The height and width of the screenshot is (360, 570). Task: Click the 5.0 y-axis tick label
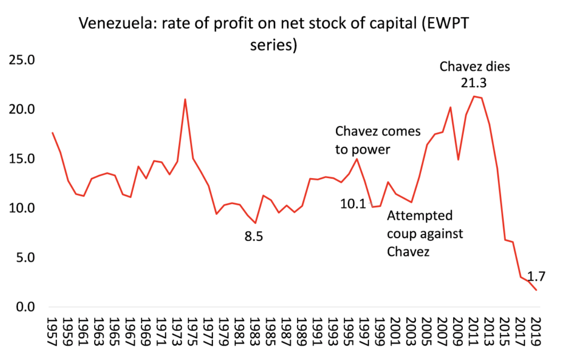click(26, 258)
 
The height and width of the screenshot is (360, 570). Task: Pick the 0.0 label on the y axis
click(26, 307)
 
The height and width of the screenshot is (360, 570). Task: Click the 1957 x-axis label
click(53, 331)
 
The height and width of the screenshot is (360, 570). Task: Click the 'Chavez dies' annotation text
click(475, 67)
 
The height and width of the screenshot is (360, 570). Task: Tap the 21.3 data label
click(474, 83)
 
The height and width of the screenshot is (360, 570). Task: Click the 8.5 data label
click(254, 236)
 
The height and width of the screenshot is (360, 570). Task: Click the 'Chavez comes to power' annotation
click(378, 140)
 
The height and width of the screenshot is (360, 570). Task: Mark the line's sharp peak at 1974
click(185, 99)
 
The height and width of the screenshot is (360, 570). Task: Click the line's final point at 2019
click(536, 291)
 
